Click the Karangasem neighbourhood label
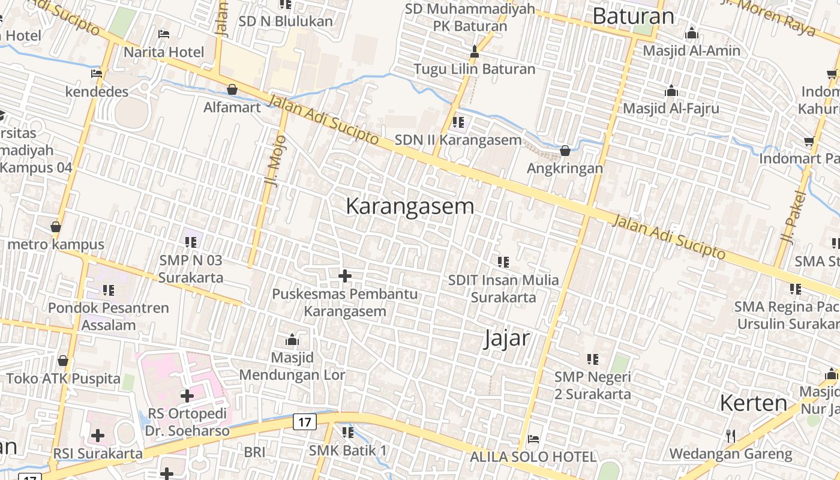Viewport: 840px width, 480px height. point(410,206)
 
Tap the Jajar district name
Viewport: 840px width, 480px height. point(507,338)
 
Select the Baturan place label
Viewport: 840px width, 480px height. point(633,16)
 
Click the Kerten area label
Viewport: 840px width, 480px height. point(753,403)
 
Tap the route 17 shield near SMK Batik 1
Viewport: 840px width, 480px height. point(304,422)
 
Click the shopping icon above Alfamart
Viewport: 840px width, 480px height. point(232,90)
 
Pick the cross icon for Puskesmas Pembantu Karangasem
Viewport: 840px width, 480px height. point(345,276)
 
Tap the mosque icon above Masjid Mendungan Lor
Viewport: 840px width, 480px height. point(292,340)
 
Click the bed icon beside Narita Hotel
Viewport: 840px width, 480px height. point(164,34)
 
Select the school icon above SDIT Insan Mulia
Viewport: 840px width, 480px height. point(503,262)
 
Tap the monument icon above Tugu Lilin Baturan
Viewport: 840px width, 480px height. point(475,52)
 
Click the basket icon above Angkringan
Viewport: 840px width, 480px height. point(565,151)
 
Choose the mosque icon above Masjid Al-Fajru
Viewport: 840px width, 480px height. point(671,91)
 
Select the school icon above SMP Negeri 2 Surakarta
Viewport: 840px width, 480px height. point(593,359)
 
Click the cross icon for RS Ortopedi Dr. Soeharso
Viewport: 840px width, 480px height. point(187,396)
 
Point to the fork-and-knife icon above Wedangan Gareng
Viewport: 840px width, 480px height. point(730,436)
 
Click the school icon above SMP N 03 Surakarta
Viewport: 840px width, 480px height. point(191,242)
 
